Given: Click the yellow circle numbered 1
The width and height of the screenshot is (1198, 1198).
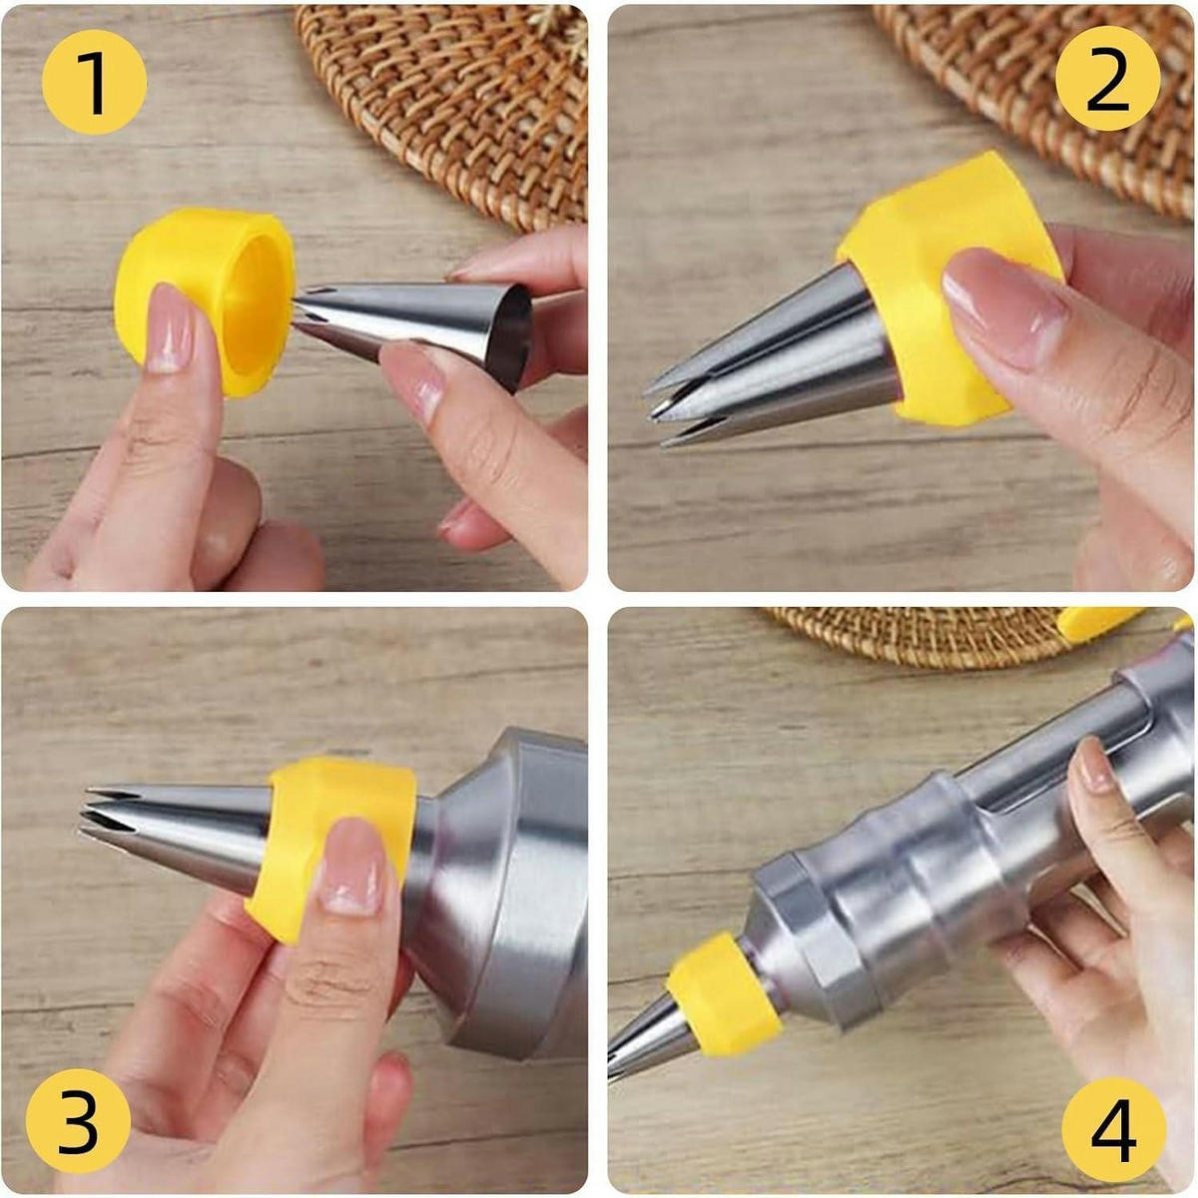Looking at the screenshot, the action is click(95, 82).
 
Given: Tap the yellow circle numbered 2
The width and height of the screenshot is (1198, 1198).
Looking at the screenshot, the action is click(1108, 78).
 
